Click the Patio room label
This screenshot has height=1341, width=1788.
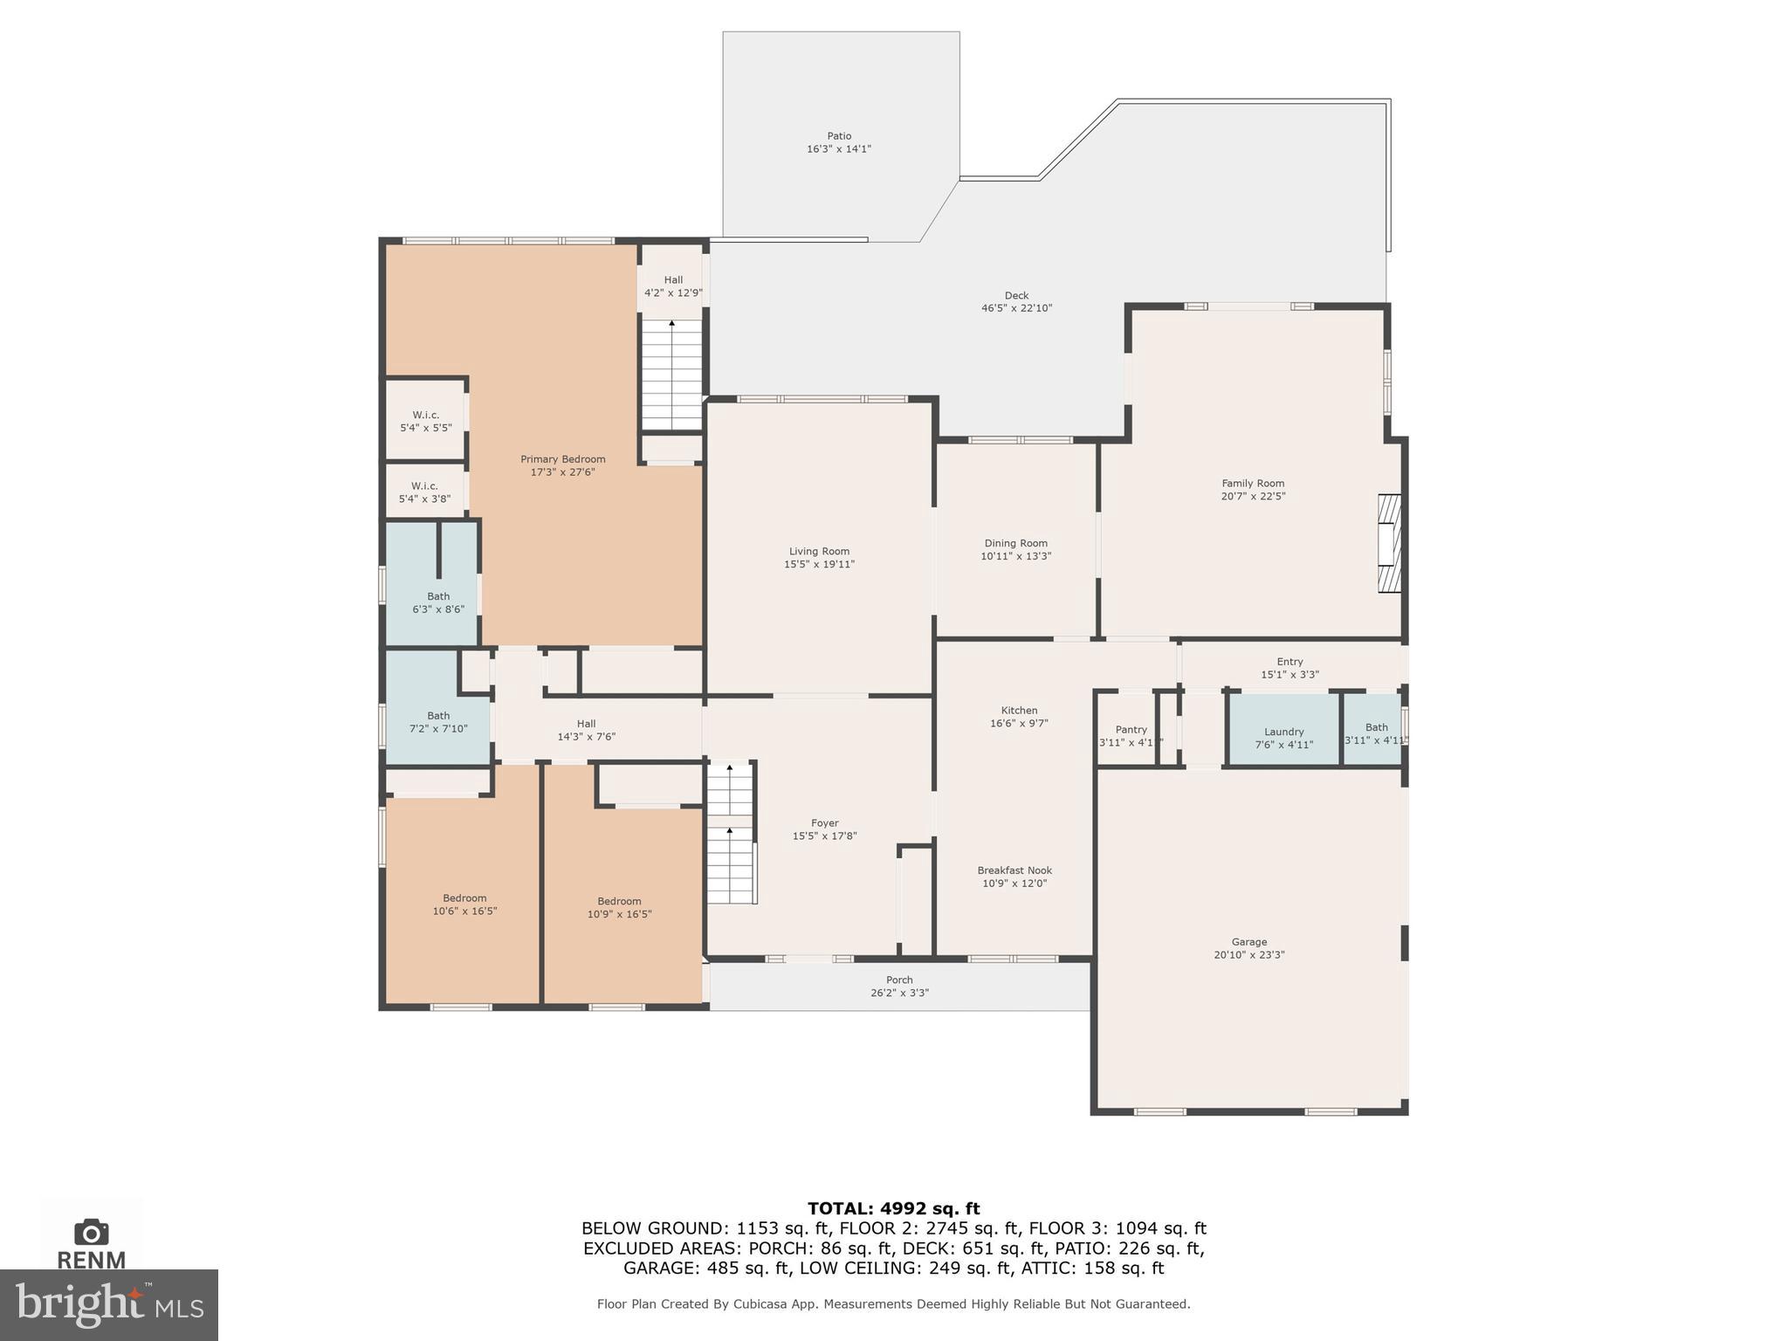point(839,136)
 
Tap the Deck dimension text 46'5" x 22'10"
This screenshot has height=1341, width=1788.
point(1016,308)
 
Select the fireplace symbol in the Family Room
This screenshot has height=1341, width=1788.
point(1388,544)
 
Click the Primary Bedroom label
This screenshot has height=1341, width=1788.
point(562,459)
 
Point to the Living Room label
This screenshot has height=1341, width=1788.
point(819,551)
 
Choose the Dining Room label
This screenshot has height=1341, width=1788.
point(1015,543)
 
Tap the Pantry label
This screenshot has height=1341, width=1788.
point(1131,730)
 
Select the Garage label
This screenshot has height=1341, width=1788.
point(1248,942)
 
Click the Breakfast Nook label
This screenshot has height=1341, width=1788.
point(1014,870)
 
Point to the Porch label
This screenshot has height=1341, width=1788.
point(899,980)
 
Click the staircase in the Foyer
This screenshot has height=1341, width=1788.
point(730,835)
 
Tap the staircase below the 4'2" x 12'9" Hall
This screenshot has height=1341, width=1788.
point(671,375)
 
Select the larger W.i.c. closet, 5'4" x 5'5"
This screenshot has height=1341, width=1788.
point(425,420)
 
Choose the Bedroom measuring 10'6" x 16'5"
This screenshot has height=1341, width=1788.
point(464,904)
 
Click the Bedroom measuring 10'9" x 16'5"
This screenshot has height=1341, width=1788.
point(619,907)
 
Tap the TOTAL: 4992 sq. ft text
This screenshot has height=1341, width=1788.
point(893,1208)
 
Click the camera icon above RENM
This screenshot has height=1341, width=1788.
point(91,1232)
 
